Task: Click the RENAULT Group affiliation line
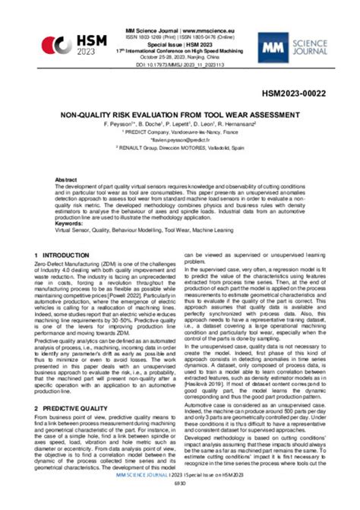point(180,148)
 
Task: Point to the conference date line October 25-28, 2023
point(180,56)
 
